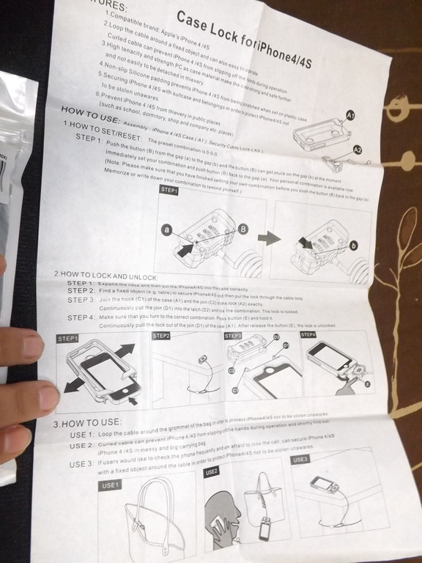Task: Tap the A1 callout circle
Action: tap(351, 116)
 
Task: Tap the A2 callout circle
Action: tap(357, 149)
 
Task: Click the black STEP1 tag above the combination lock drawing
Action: tap(170, 189)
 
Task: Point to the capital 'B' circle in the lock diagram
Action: tap(243, 229)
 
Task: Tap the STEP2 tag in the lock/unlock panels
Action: tap(162, 335)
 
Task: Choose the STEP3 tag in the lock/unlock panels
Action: tap(234, 335)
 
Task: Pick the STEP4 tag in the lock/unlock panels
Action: tap(308, 334)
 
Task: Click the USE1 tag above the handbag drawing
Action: tap(111, 486)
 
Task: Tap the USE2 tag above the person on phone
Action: tap(212, 471)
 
